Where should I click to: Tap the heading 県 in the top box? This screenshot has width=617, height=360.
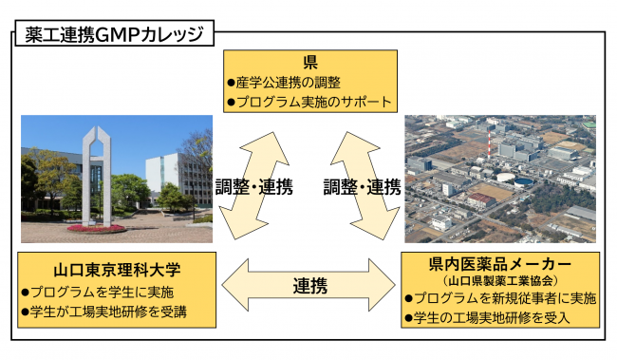pos(309,64)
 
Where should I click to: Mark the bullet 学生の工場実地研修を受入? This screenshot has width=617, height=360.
pos(491,317)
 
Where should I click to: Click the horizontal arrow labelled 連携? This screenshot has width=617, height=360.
pos(312,284)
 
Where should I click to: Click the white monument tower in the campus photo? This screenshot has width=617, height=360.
pos(93,171)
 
